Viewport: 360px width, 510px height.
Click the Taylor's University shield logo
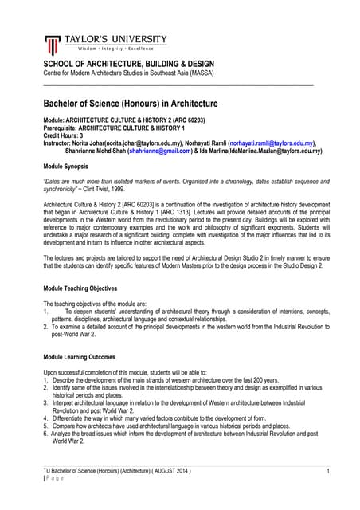(53, 45)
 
